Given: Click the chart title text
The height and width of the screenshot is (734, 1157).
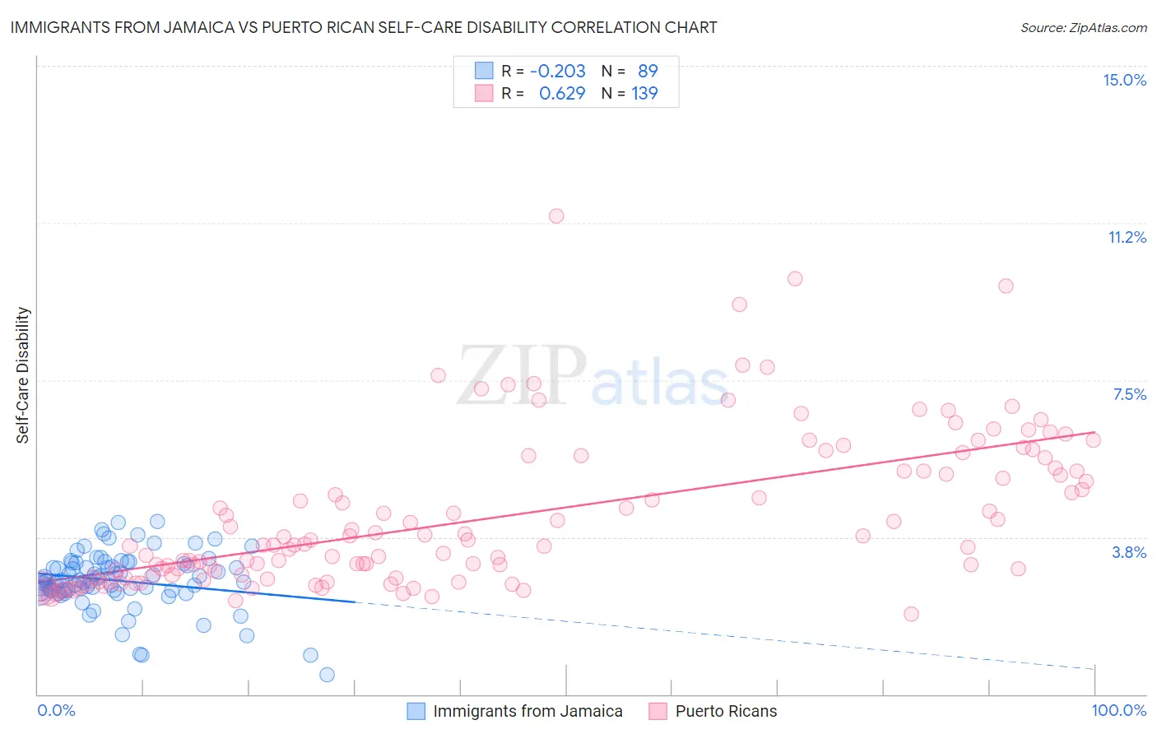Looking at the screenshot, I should coord(364,27).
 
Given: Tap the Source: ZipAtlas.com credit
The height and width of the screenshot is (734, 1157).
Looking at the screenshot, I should coord(1083,27).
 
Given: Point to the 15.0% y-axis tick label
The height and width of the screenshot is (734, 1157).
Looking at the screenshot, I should coord(1124,80).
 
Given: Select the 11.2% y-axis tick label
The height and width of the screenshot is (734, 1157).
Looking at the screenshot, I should coord(1127,237).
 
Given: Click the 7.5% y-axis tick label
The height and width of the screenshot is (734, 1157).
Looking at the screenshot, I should coord(1129,394).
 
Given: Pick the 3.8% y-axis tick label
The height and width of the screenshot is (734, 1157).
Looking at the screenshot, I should coord(1129,552).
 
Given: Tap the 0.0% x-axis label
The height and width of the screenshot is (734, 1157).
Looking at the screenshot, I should coord(56,710).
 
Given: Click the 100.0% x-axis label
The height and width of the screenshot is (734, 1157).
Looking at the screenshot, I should coord(1118,710).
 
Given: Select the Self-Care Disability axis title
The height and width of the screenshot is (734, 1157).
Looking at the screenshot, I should coord(23,375).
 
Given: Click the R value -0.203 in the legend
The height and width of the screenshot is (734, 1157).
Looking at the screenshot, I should coord(557,71).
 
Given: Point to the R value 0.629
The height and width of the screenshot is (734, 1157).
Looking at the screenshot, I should coord(562,93).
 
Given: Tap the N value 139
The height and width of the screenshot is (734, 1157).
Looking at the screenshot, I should coord(644,93).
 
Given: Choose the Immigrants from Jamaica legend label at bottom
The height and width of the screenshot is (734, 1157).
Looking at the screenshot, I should coord(527,711).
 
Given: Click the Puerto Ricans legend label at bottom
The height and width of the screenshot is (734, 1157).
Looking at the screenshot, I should coord(726,711).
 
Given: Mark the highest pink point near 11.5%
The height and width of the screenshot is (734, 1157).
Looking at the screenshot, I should coord(556,216).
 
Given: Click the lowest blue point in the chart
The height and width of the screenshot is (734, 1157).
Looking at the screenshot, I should coord(327,675).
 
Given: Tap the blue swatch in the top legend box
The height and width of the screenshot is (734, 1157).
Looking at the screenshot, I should coord(484,71).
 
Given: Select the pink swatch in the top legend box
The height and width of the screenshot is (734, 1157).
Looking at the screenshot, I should coord(484,93).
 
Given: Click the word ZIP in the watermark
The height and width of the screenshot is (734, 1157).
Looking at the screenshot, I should coord(521,375).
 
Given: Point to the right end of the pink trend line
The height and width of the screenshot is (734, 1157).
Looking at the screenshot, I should coord(1094,432).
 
